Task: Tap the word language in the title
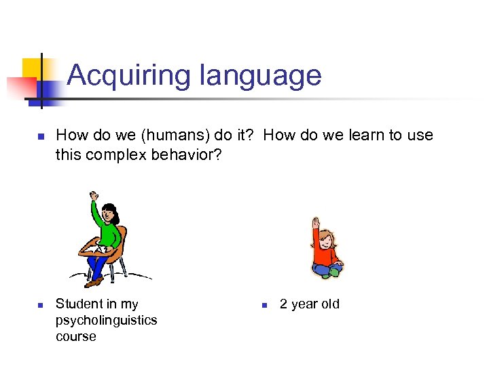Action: (259, 75)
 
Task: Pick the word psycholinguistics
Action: (106, 320)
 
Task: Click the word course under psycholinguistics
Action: (76, 336)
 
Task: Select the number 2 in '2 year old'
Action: (284, 304)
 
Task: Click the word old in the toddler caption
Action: (329, 304)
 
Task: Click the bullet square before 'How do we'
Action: (40, 137)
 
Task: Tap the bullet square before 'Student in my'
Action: (40, 305)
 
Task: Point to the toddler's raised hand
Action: (315, 222)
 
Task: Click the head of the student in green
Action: (109, 214)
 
